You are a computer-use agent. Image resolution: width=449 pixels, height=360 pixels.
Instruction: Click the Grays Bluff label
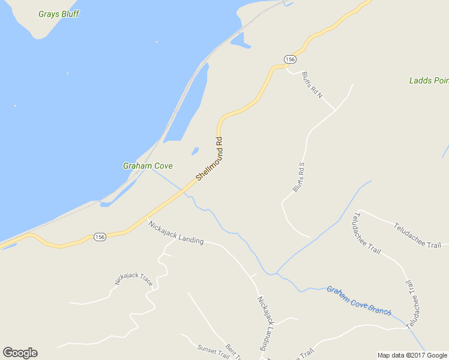click(58, 13)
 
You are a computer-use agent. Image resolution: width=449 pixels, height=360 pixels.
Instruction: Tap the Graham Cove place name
click(148, 166)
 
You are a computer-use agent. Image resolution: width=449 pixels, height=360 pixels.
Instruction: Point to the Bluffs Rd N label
click(312, 85)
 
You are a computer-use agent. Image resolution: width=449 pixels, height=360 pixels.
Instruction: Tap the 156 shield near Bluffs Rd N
click(290, 59)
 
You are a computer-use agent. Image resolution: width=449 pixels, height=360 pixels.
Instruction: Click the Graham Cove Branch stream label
click(359, 301)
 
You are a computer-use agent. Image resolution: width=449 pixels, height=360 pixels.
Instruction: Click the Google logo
click(20, 353)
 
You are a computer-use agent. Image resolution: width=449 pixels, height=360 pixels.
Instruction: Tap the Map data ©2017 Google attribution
click(412, 355)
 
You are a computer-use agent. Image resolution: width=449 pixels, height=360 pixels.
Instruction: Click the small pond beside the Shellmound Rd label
click(195, 151)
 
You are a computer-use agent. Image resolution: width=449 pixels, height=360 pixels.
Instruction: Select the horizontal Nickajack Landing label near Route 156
click(176, 232)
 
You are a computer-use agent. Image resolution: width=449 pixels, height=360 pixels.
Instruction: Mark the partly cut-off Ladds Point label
click(429, 80)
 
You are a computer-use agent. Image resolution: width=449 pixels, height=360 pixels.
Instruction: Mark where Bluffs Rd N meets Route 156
click(286, 68)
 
